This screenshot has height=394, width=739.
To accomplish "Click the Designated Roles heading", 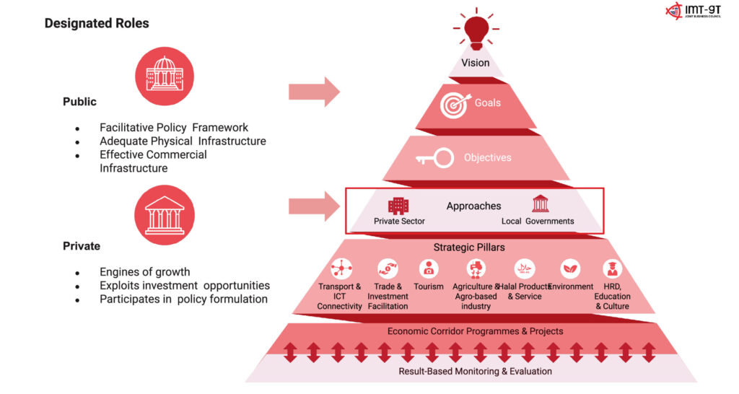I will click(x=97, y=23).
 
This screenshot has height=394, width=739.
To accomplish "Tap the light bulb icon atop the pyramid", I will click(x=476, y=29).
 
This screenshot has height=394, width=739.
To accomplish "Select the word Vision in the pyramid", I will click(x=476, y=63).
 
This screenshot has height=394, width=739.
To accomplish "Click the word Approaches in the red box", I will click(x=473, y=206).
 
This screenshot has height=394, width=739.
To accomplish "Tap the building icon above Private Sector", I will click(x=398, y=206).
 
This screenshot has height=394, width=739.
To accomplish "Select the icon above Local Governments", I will click(x=540, y=203).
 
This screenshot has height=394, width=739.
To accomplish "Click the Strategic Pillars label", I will click(x=469, y=248).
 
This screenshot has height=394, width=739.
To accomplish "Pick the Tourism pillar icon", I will click(x=429, y=269).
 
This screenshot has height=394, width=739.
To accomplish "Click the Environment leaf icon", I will click(x=570, y=269).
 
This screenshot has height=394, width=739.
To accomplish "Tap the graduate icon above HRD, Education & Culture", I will click(x=612, y=269).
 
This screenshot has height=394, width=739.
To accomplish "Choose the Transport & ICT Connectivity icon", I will click(x=340, y=269).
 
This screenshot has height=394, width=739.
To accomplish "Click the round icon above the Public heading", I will click(x=165, y=76).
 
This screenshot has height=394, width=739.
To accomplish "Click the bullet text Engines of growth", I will click(x=145, y=272).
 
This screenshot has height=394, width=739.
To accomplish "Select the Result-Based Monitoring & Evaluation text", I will click(x=476, y=371).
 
